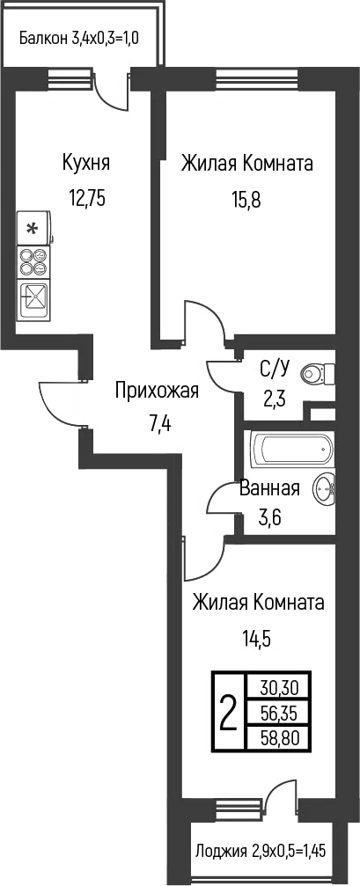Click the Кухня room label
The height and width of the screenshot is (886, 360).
pyautogui.click(x=86, y=164)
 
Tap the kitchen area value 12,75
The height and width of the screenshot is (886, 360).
pyautogui.click(x=87, y=199)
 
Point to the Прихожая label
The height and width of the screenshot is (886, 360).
pyautogui.click(x=157, y=391)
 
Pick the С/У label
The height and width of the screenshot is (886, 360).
pyautogui.click(x=274, y=370)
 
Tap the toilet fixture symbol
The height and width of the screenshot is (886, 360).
pyautogui.click(x=318, y=373)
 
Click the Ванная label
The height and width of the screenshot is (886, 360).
pyautogui.click(x=269, y=488)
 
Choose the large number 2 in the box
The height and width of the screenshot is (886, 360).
pyautogui.click(x=228, y=712)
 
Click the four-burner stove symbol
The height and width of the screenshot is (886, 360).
pyautogui.click(x=33, y=261)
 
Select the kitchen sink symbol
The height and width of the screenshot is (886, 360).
pyautogui.click(x=33, y=299)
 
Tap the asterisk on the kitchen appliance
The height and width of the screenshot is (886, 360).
pyautogui.click(x=33, y=229)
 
